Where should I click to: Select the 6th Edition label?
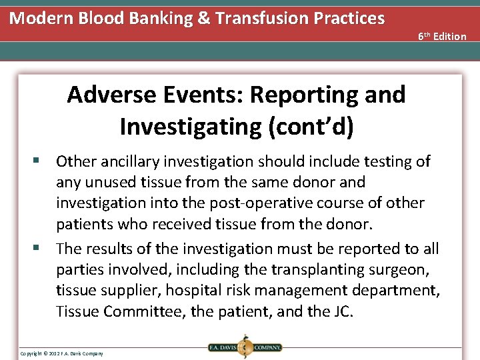(x=442, y=36)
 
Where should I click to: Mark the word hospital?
(x=191, y=290)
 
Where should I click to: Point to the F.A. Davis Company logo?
(x=244, y=347)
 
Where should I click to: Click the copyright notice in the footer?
(x=61, y=353)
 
